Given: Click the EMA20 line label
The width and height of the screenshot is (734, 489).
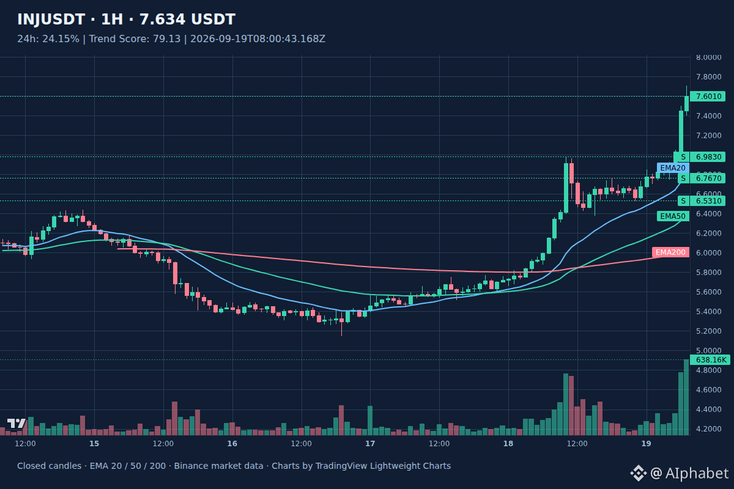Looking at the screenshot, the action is click(673, 168).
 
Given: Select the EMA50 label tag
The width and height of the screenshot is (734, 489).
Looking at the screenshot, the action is click(673, 216).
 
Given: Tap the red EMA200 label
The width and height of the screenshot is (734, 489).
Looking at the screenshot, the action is click(670, 252).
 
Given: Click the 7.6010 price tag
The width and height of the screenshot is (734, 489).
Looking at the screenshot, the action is click(708, 97).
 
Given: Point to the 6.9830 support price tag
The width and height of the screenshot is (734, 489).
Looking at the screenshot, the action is click(708, 157).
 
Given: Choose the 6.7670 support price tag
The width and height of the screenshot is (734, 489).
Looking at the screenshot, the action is click(708, 178).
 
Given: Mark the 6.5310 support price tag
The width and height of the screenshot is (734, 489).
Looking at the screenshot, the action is click(708, 200).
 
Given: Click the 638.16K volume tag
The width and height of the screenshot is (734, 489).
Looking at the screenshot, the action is click(710, 359).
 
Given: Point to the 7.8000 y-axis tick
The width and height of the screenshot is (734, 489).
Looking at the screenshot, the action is click(709, 76).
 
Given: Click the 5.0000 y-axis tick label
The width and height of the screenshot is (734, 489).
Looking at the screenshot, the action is click(709, 350).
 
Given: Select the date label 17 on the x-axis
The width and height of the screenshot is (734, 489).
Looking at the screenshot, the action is click(370, 444).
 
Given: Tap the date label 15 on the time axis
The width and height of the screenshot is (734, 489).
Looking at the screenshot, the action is click(94, 444).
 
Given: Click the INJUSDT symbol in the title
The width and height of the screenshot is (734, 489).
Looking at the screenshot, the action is click(51, 20).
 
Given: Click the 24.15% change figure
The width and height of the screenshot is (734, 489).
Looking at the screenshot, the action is click(61, 39).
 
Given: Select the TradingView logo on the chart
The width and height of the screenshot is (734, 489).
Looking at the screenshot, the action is click(17, 423).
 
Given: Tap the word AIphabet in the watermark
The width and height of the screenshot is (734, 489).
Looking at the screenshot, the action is click(697, 473).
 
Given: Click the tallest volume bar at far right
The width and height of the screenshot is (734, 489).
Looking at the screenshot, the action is click(686, 397).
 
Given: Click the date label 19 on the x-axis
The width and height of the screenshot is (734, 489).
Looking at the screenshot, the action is click(646, 444).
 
